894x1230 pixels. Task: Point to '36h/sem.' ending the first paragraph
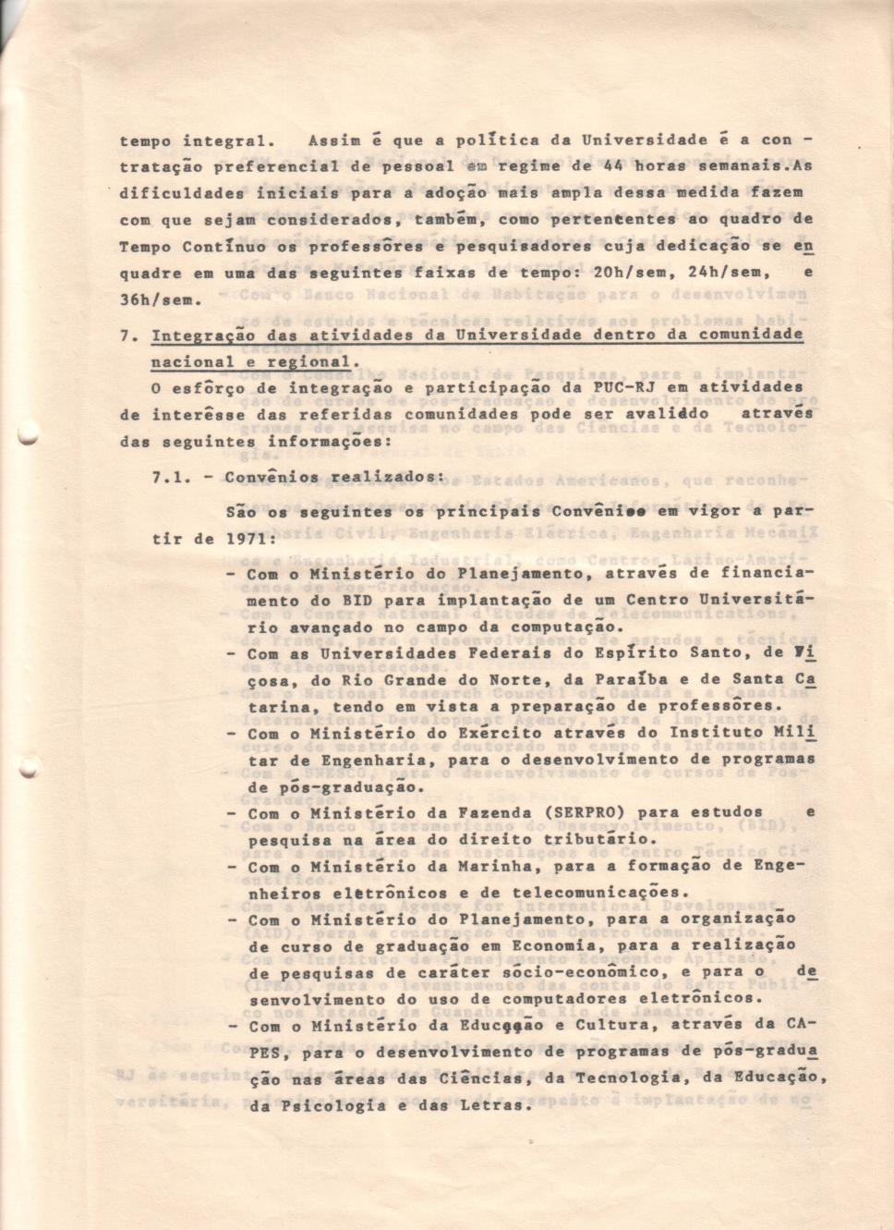point(162,300)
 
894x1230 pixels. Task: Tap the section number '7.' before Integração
point(129,336)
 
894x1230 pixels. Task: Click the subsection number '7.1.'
point(173,478)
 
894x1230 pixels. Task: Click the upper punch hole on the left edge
point(29,438)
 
